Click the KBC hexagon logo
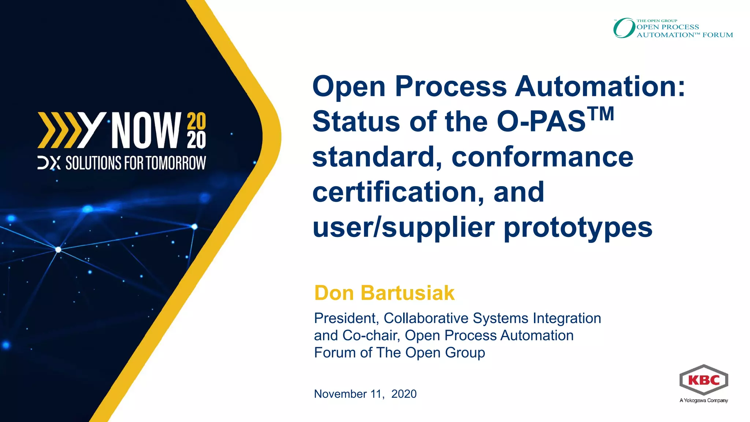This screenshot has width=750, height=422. click(x=703, y=380)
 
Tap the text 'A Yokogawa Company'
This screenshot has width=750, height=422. click(x=703, y=400)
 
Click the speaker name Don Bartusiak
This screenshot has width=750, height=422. click(x=384, y=293)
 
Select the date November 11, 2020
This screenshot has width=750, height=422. click(x=365, y=394)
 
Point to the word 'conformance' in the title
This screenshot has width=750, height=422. click(x=542, y=157)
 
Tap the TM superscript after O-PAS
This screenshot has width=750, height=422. click(x=601, y=114)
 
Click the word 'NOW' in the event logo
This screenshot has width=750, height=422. click(x=146, y=130)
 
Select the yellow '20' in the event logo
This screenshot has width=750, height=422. click(x=197, y=121)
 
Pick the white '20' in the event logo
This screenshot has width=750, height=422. click(x=197, y=140)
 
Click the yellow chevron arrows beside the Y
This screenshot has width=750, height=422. click(x=59, y=130)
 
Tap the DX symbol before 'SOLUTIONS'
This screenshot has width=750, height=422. click(x=49, y=163)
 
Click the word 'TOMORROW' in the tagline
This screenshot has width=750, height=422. click(x=177, y=163)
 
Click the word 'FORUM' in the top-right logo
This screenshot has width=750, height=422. click(x=717, y=35)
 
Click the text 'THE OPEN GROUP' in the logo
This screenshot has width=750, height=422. click(x=657, y=21)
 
